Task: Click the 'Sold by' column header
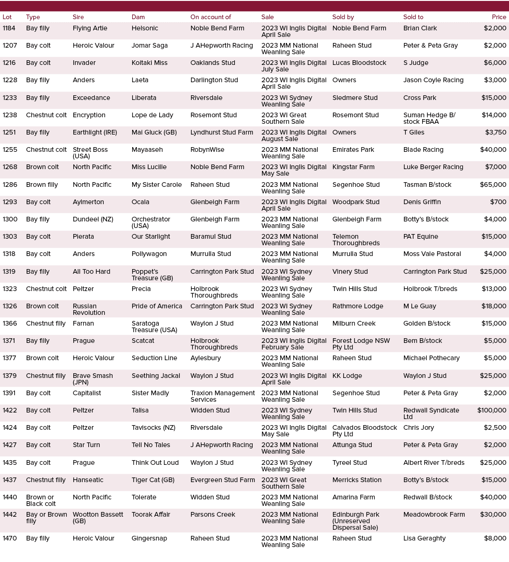tap(343, 17)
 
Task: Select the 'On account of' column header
tap(211, 17)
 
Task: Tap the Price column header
tap(499, 17)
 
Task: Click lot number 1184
tap(9, 28)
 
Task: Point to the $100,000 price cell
tap(491, 411)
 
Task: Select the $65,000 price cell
tap(493, 185)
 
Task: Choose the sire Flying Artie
tap(90, 28)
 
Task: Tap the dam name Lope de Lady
tap(152, 115)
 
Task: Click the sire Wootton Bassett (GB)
tap(98, 518)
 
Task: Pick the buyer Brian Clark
tap(420, 28)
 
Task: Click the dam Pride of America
tap(156, 306)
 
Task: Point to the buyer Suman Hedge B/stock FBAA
tap(429, 118)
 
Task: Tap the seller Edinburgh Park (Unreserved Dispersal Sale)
tap(355, 521)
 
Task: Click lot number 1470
tap(9, 539)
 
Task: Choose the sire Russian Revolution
tap(89, 309)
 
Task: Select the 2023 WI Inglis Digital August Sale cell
tap(294, 135)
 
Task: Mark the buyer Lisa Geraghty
tap(424, 539)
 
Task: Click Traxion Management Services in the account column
tap(222, 396)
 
